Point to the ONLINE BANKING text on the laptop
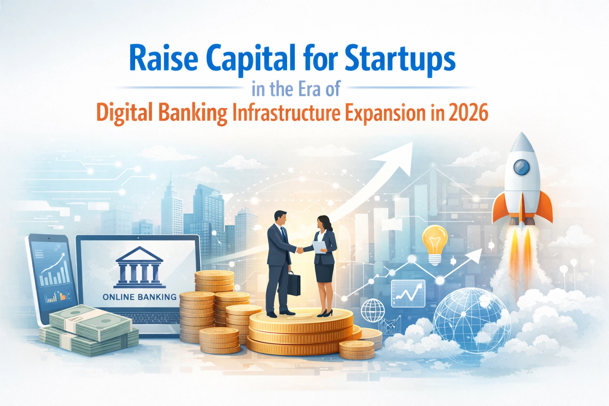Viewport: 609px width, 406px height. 139,297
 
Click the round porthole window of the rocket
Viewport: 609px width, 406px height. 521,167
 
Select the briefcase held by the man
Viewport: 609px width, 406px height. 293,284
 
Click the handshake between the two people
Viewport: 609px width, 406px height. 300,250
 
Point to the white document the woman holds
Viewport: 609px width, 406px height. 319,247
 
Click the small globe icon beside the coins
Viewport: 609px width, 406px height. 373,310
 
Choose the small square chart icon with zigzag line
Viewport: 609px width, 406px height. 408,294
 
